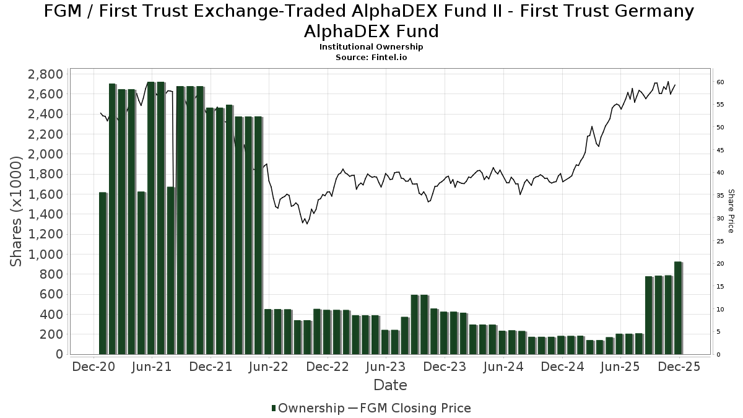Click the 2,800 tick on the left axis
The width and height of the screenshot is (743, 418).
pyautogui.click(x=46, y=74)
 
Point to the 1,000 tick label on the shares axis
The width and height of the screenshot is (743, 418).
pyautogui.click(x=46, y=255)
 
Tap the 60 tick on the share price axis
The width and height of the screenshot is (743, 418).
pyautogui.click(x=721, y=82)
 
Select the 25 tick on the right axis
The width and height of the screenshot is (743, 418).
pyautogui.click(x=721, y=241)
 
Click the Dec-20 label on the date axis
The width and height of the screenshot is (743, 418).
pyautogui.click(x=93, y=367)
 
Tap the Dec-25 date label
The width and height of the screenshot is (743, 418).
pyautogui.click(x=679, y=367)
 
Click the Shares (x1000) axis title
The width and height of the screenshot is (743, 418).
pyautogui.click(x=17, y=211)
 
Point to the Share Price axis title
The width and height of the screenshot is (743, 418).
pyautogui.click(x=731, y=211)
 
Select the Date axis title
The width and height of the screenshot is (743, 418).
pyautogui.click(x=390, y=385)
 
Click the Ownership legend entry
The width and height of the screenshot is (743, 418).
pyautogui.click(x=308, y=408)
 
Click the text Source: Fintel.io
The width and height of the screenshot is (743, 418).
pyautogui.click(x=371, y=57)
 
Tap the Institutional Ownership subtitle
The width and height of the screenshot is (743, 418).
pyautogui.click(x=371, y=47)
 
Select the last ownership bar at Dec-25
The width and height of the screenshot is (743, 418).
pyautogui.click(x=678, y=308)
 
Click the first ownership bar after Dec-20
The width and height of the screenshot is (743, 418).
pyautogui.click(x=103, y=273)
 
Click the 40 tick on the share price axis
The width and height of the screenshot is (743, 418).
pyautogui.click(x=721, y=173)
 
